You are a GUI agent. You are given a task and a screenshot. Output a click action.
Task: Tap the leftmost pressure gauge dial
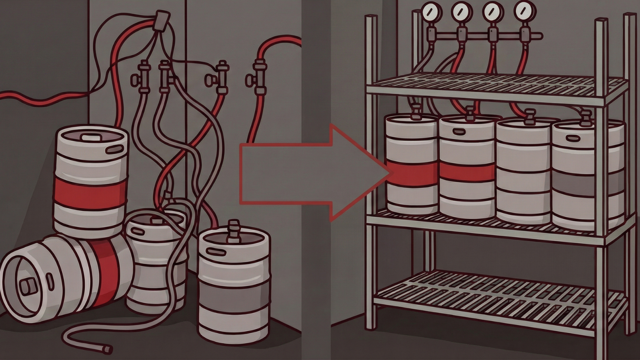point(432,12)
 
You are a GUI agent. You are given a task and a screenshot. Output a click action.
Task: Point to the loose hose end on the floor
point(107,349)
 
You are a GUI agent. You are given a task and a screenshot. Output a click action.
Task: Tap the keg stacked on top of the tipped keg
point(91,180)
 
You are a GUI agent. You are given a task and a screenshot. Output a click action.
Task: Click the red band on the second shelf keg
point(467,172)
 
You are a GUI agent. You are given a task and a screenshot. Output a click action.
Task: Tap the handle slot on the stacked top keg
point(116,149)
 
